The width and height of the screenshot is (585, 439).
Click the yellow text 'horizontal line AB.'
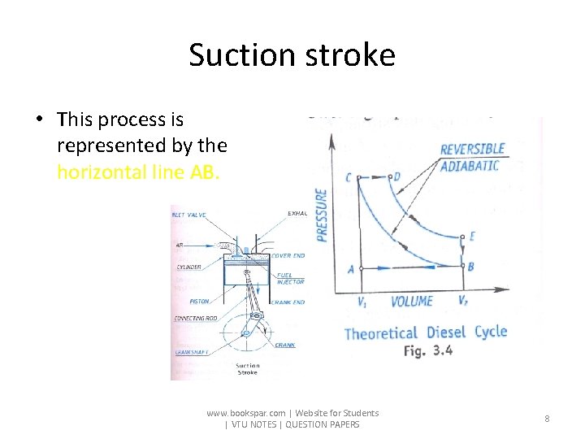(x=138, y=172)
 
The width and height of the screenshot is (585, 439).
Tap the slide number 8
(x=547, y=419)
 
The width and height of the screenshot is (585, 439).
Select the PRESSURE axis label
(x=322, y=215)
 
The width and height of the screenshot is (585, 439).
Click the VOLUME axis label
(x=412, y=302)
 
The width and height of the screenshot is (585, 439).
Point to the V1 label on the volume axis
(x=362, y=302)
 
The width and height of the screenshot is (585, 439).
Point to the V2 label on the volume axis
(x=462, y=302)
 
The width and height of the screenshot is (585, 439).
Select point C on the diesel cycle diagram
(x=349, y=178)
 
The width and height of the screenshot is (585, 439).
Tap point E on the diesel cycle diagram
(x=470, y=237)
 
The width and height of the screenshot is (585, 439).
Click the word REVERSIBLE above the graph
(x=473, y=150)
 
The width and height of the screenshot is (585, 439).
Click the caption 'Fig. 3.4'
(x=427, y=351)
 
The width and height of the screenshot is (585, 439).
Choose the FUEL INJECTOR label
(x=290, y=278)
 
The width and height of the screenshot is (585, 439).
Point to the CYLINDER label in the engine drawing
(x=189, y=266)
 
